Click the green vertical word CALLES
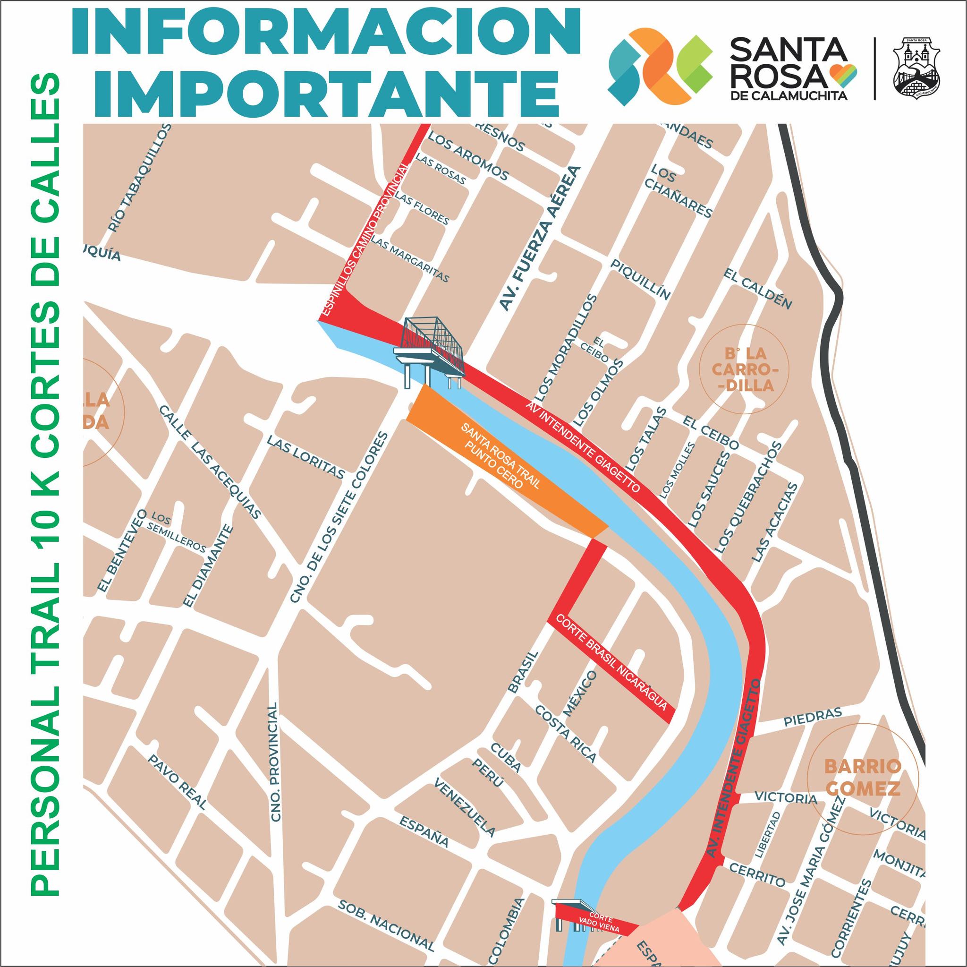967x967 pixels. (45, 134)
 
